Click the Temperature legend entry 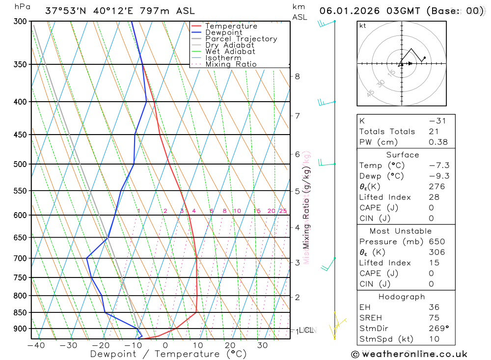coord(231,26)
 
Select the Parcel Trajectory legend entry coord(241,39)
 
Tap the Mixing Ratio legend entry coord(231,64)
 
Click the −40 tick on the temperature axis coord(36,345)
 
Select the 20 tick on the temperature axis coord(230,345)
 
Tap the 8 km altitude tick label coord(297,76)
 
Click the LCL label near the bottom coord(306,331)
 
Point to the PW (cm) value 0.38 coord(438,142)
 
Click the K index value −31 coord(438,121)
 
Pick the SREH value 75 coord(434,318)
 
